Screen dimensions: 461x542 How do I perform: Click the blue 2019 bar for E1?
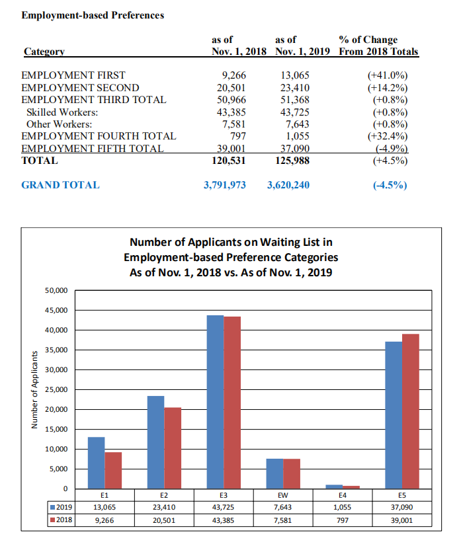click(96, 463)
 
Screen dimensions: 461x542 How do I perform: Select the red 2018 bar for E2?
click(173, 448)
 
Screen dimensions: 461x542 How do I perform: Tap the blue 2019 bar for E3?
click(215, 402)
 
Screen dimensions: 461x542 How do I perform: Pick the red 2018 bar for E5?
click(411, 411)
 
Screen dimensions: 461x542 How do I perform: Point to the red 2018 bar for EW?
click(292, 473)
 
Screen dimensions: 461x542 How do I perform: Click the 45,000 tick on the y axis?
click(56, 311)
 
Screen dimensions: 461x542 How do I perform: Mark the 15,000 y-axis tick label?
click(56, 430)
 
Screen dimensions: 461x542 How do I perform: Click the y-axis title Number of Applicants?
click(34, 390)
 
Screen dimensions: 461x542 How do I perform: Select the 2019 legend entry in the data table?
click(62, 507)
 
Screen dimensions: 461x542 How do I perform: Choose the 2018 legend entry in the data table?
click(62, 520)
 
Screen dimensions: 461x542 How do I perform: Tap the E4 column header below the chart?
click(343, 495)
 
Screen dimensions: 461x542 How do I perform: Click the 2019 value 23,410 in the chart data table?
click(164, 507)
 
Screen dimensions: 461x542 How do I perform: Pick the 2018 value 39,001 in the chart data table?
click(402, 520)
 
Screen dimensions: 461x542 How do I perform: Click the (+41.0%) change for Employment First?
click(388, 75)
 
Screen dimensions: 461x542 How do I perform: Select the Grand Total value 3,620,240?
click(288, 185)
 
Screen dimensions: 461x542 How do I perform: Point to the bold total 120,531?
click(229, 161)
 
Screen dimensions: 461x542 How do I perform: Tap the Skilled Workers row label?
click(62, 112)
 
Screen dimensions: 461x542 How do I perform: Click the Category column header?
click(44, 52)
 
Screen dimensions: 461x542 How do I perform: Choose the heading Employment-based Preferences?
click(93, 15)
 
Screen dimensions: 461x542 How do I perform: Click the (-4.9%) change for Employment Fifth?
click(392, 149)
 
